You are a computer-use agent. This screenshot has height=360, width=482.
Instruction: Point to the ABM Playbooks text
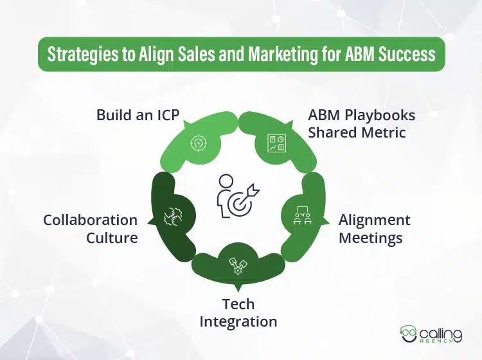[361, 115]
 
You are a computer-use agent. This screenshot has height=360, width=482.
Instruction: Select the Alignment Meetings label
[374, 228]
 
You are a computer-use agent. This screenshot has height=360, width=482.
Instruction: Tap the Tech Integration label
[238, 312]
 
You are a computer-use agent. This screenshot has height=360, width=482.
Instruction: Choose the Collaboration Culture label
[91, 228]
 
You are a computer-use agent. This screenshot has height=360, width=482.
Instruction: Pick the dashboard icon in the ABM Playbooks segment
[276, 143]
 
